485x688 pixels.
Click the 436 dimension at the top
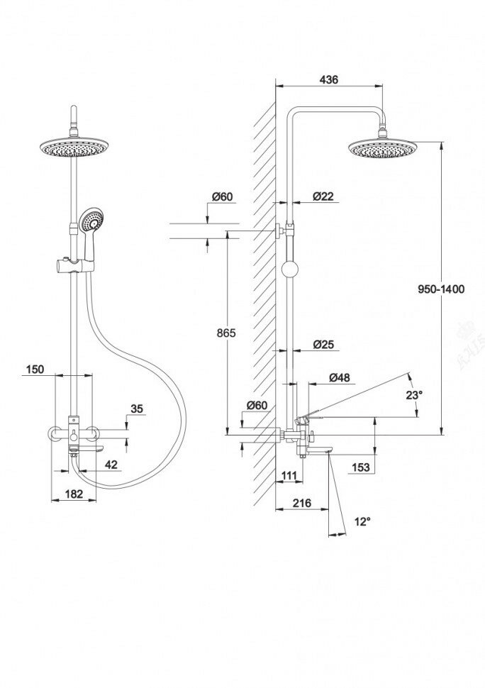[328, 80]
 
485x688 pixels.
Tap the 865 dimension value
[225, 333]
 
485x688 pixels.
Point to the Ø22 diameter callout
[323, 196]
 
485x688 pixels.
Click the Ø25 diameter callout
[323, 345]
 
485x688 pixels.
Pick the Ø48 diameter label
[340, 378]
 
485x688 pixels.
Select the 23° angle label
[414, 395]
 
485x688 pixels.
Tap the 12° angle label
[362, 521]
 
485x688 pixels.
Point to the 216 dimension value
[302, 503]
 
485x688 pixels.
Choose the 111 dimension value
[289, 475]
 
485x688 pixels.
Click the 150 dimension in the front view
[35, 369]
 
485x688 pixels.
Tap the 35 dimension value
[138, 409]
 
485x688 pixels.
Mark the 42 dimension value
[111, 465]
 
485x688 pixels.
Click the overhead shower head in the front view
[72, 146]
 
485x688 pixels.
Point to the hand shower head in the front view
[91, 220]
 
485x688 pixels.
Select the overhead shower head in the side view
[382, 148]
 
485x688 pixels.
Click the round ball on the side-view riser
[289, 269]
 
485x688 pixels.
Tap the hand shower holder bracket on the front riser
[73, 266]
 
